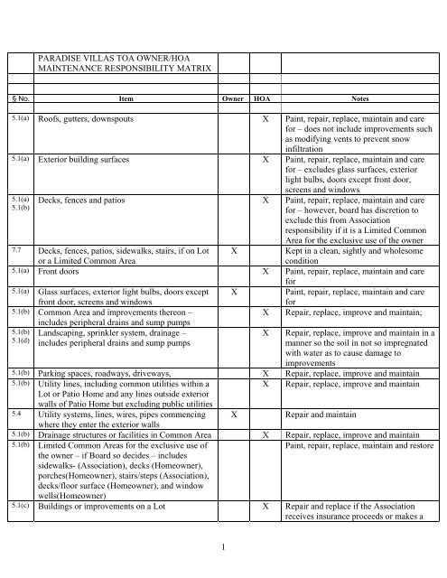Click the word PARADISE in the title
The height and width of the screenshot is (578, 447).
[62, 56]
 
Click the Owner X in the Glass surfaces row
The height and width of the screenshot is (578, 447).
[234, 294]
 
